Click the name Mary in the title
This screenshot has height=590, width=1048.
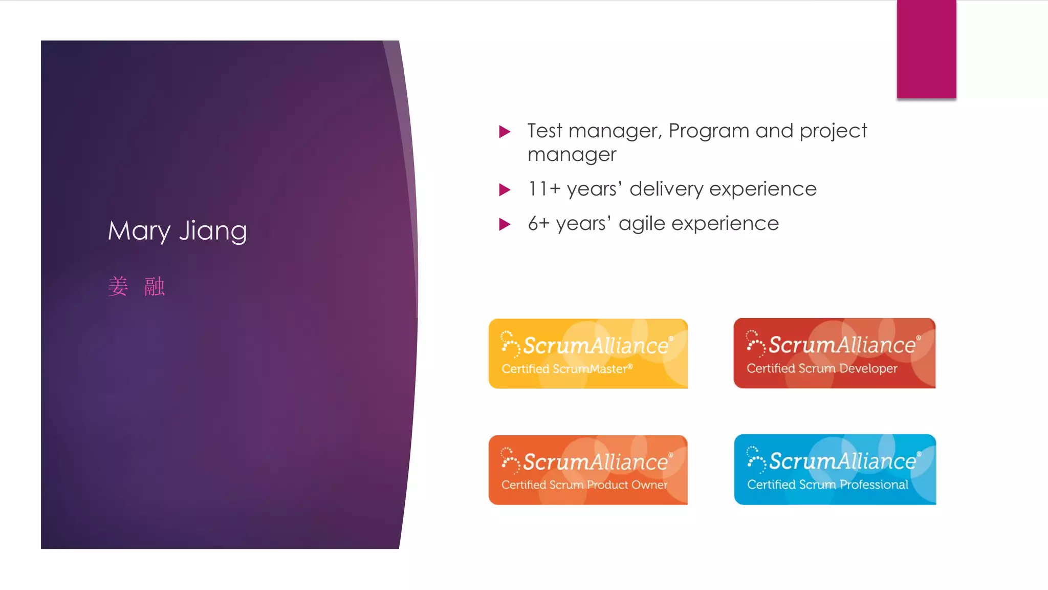tap(139, 231)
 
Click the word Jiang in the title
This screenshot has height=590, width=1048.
tap(213, 231)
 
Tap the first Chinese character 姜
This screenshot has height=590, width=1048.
tap(118, 286)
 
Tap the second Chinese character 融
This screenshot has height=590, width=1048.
tap(154, 286)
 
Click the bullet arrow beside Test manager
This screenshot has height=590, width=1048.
tap(505, 132)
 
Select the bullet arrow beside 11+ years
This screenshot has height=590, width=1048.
tap(505, 190)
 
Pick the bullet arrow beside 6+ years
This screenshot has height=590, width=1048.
tap(505, 224)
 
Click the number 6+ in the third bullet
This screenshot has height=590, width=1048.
tap(538, 224)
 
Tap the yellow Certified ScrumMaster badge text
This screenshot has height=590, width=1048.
tap(566, 369)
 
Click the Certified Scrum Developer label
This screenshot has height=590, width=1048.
tap(821, 369)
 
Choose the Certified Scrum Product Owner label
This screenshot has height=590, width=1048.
tap(584, 484)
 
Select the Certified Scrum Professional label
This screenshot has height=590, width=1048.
tap(827, 484)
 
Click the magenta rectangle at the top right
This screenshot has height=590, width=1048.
tap(926, 49)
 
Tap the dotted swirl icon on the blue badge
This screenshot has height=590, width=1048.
tap(755, 458)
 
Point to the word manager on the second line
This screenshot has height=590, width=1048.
tap(572, 155)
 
